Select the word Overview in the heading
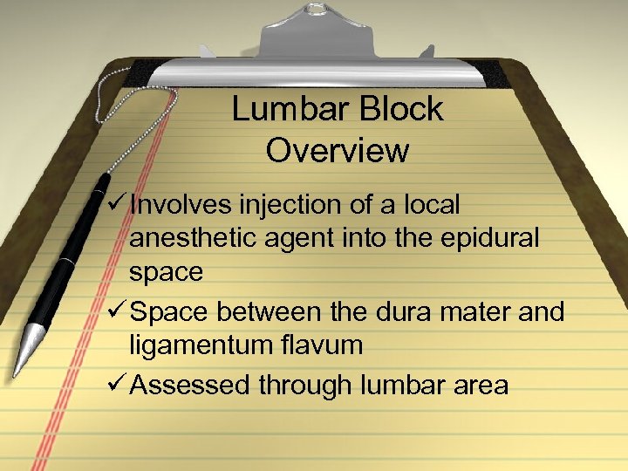[x=337, y=150]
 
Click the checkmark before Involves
[x=114, y=204]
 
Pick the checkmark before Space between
[x=114, y=311]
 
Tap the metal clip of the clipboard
[x=339, y=44]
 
